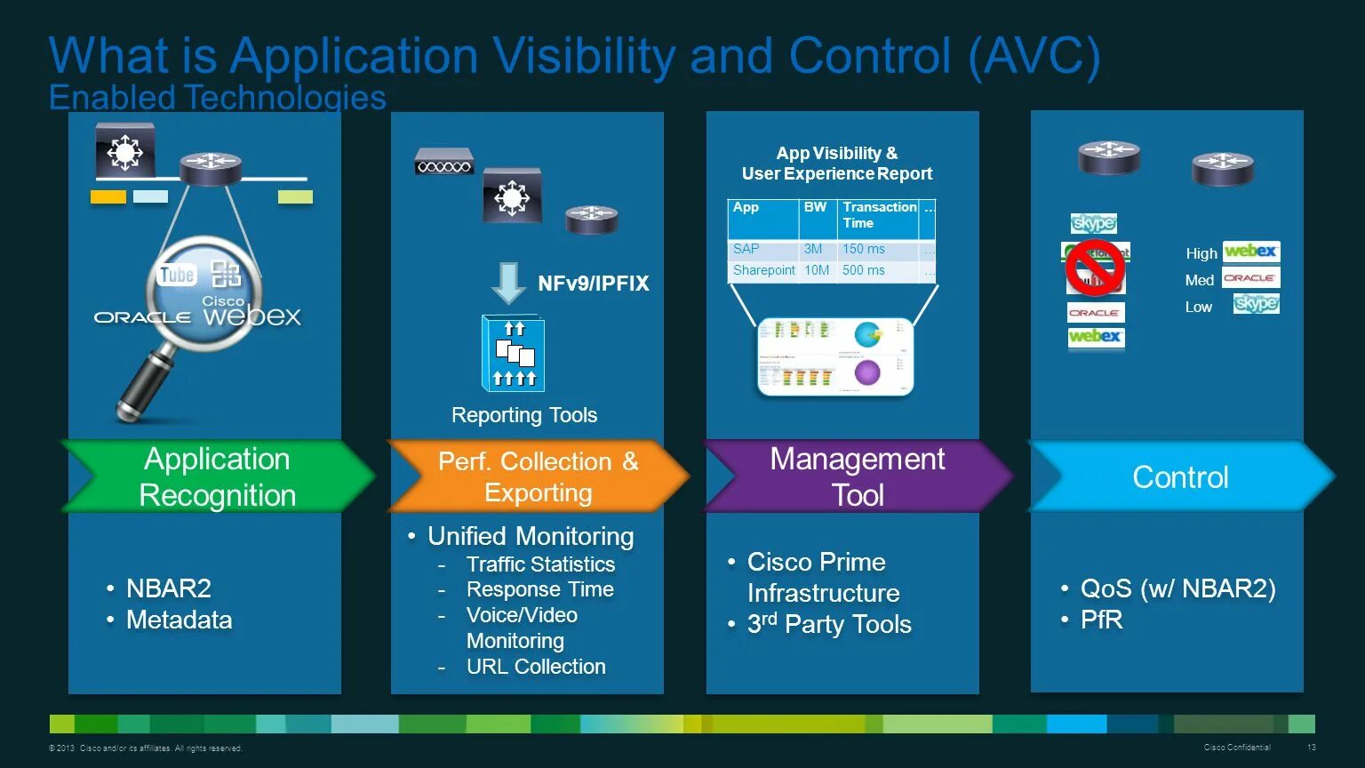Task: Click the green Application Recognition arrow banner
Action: (x=218, y=476)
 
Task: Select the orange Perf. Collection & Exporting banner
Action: (x=538, y=476)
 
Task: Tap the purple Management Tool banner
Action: (x=858, y=476)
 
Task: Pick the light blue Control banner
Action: (x=1180, y=477)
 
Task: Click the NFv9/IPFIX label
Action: (x=594, y=284)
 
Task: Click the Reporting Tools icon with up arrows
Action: (x=513, y=354)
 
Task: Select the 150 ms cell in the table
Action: (x=864, y=249)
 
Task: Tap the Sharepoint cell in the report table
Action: (x=763, y=270)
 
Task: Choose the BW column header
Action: (x=815, y=207)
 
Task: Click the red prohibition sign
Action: (x=1095, y=268)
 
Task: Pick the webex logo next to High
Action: (x=1250, y=252)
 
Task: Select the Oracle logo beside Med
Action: (x=1250, y=278)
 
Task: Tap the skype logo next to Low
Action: (x=1256, y=304)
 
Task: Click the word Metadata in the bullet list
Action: (x=179, y=620)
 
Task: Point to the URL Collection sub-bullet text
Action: (x=536, y=667)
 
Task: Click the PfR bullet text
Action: (x=1101, y=620)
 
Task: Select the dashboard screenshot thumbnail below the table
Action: (x=835, y=356)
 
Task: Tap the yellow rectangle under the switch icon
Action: (x=108, y=197)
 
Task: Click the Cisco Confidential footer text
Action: (x=1237, y=748)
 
